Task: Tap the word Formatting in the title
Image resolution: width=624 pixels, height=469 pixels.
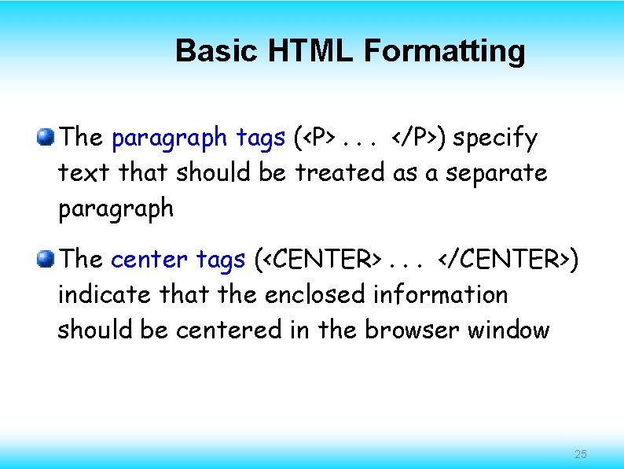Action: [444, 51]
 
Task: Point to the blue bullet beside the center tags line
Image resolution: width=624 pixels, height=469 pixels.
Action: [45, 258]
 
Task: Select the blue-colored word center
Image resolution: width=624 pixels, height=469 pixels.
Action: [149, 259]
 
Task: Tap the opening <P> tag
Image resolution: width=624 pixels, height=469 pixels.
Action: [320, 139]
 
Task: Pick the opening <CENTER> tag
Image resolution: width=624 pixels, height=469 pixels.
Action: [325, 259]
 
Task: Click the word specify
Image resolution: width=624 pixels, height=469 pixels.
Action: [495, 139]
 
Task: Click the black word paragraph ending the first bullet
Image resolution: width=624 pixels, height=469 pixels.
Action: [116, 209]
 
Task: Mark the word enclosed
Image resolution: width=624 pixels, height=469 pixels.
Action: [315, 295]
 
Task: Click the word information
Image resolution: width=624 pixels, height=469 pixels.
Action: [440, 295]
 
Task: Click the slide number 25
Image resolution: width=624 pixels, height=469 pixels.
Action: [581, 454]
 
